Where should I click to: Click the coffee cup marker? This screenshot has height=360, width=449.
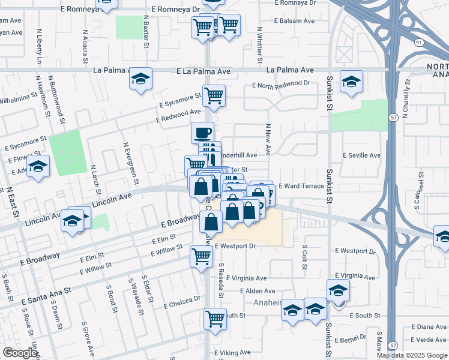coord(202,133)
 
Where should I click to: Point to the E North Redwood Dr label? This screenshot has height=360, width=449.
coord(281,84)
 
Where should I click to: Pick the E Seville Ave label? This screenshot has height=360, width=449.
coord(361,155)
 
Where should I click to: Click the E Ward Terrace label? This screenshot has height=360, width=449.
coord(301,186)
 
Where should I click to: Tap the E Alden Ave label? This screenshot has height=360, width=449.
coord(256,291)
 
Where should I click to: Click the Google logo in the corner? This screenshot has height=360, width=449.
coord(20,353)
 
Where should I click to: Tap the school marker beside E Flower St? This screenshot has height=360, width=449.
coord(38,166)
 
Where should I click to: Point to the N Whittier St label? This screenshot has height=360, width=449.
coord(260,45)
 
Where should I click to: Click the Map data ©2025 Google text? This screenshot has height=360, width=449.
coord(412,355)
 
